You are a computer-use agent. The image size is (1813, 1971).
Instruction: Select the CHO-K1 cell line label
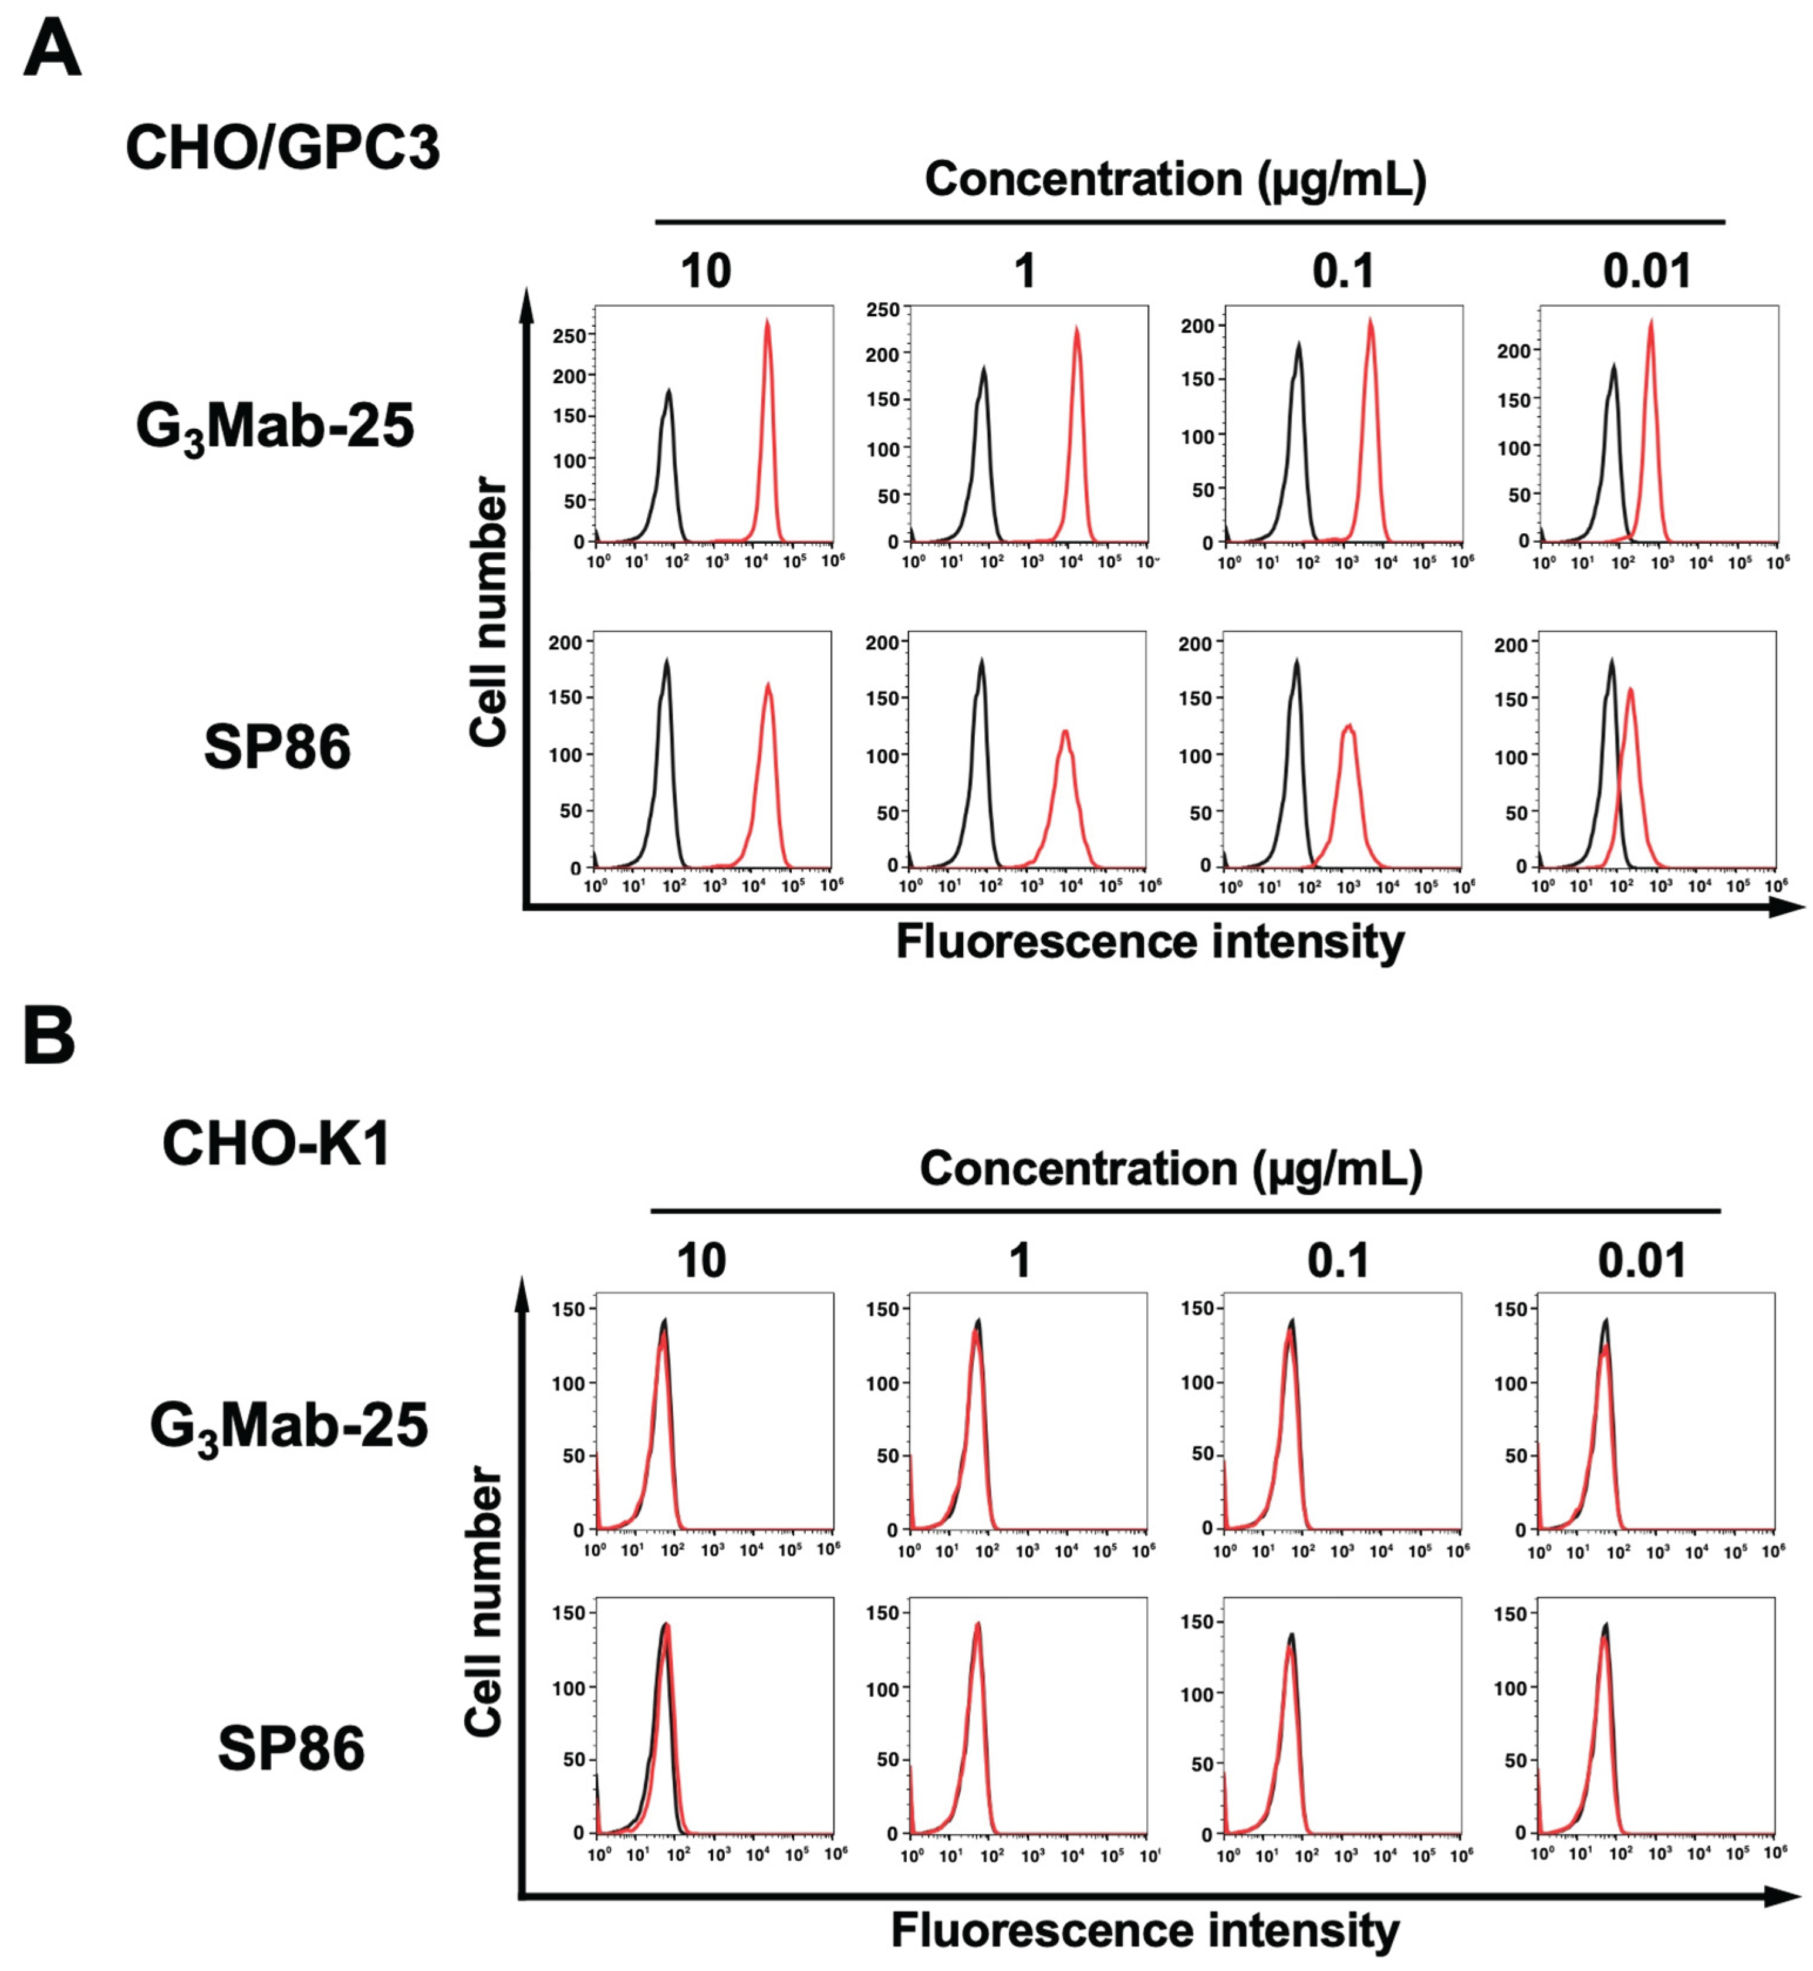click(x=276, y=1143)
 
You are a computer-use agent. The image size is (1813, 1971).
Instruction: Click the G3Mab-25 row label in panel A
click(x=275, y=429)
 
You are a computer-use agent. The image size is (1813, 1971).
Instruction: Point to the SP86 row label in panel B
click(x=291, y=1748)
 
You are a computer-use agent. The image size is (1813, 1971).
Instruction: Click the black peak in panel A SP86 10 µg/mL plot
click(x=667, y=664)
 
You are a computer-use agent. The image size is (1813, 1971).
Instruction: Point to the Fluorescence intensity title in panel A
click(x=1150, y=942)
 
